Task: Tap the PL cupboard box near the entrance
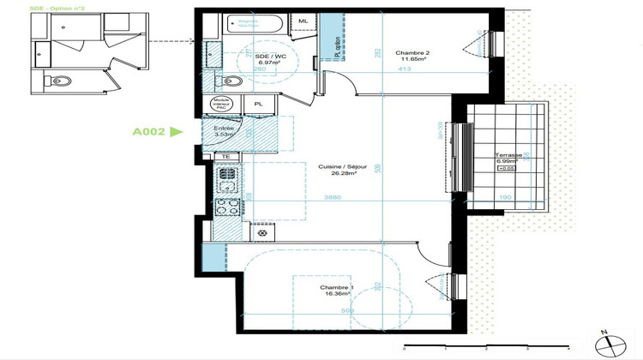coord(258,104)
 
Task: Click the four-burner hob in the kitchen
coord(227,207)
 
